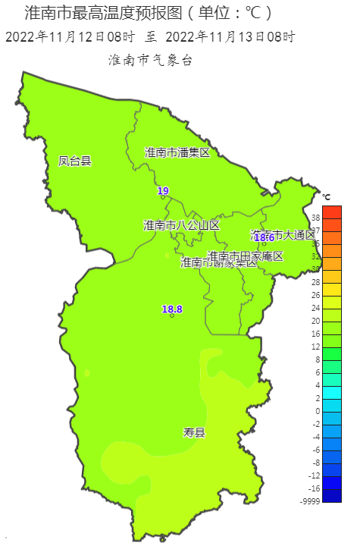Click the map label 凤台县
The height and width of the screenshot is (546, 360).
point(75,161)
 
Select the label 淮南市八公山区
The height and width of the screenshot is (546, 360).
point(181,225)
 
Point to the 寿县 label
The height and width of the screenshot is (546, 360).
point(194,433)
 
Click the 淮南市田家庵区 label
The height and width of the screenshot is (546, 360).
point(245,256)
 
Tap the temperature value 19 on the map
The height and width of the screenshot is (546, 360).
point(163,190)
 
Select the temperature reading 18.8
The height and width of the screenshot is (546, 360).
point(172,309)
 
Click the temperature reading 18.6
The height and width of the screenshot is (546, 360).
point(264,237)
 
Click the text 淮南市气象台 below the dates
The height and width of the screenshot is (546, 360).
point(150,59)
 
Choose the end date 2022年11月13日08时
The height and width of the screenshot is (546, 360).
point(230,36)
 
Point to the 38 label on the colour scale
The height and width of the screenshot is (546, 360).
point(316,218)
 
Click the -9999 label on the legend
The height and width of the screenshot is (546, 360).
point(310,501)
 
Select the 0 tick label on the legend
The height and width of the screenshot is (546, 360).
point(318,411)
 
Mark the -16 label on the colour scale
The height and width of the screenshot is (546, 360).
point(315,488)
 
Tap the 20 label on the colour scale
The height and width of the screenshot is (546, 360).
point(316,321)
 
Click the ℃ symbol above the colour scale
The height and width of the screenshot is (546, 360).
point(326,197)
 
